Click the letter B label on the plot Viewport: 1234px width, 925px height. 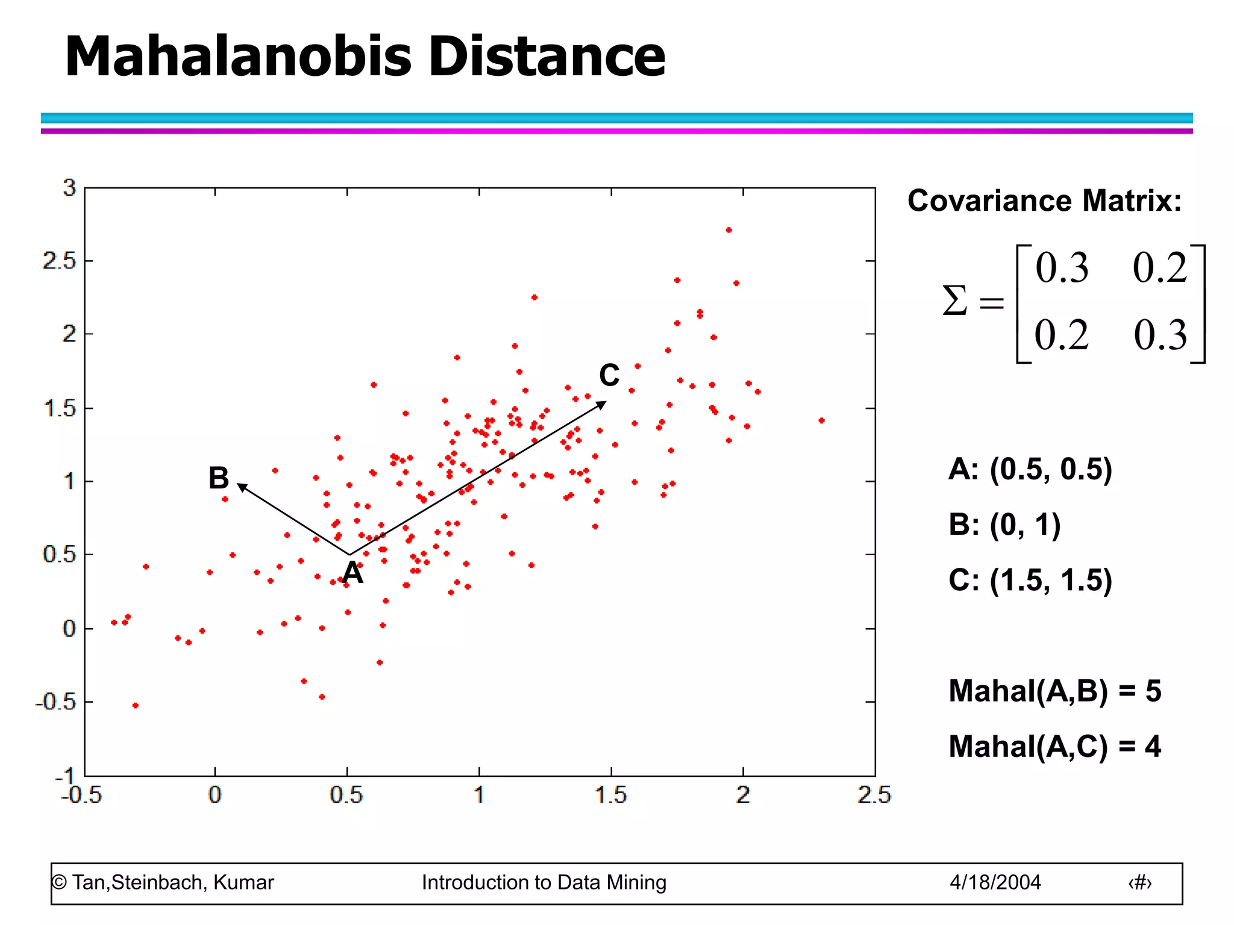pos(219,478)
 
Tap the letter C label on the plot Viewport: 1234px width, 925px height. pos(609,376)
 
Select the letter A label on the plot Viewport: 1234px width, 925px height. pos(353,573)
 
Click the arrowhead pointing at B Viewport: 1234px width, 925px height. pos(242,487)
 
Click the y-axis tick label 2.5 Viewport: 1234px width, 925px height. pos(59,261)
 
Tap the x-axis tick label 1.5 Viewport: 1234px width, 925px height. pos(611,796)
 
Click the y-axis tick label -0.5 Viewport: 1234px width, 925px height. pos(55,702)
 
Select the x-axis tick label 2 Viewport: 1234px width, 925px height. pos(743,796)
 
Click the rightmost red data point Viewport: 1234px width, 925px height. pos(821,420)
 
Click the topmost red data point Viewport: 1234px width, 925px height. pos(728,230)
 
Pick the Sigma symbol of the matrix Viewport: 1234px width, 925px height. pos(955,301)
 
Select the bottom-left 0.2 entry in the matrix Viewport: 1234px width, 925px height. pos(1062,335)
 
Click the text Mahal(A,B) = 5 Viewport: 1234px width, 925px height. pos(1054,691)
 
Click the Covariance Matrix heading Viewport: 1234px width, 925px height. pos(1044,201)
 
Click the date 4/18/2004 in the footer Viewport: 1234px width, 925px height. pos(995,882)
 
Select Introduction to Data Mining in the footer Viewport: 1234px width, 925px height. pos(543,882)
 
